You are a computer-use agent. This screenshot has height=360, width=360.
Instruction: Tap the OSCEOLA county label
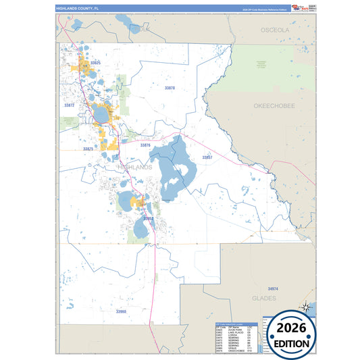pyautogui.click(x=275, y=30)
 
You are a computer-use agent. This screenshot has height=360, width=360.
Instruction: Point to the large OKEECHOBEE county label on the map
pyautogui.click(x=274, y=107)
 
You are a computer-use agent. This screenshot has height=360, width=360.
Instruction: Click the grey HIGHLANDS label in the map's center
pyautogui.click(x=135, y=165)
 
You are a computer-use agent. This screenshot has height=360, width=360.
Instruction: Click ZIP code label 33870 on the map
pyautogui.click(x=170, y=88)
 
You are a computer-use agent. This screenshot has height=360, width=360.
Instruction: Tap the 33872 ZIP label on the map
pyautogui.click(x=69, y=106)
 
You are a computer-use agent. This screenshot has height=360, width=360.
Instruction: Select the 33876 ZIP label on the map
pyautogui.click(x=146, y=145)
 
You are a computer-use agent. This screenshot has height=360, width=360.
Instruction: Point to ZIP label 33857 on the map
pyautogui.click(x=207, y=157)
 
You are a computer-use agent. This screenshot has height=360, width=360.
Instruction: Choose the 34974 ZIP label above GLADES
pyautogui.click(x=273, y=288)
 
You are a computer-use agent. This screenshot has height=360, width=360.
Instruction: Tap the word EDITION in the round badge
pyautogui.click(x=292, y=343)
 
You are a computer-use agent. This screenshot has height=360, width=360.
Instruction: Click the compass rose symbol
pyautogui.click(x=305, y=307)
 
